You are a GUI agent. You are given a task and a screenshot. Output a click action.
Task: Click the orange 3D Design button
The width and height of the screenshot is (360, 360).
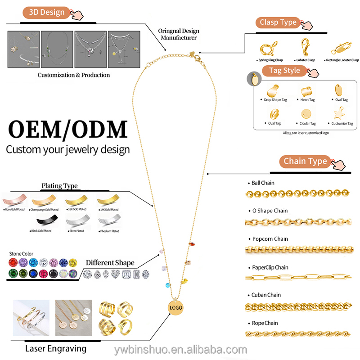[47, 12]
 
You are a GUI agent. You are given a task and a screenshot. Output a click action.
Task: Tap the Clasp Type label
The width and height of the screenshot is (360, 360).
[278, 22]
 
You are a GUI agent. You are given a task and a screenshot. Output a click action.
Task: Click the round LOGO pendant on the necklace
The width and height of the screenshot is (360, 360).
[176, 307]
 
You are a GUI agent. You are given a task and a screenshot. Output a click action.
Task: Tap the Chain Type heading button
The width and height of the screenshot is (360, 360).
[306, 161]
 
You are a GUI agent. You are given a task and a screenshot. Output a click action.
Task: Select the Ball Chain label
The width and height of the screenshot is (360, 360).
[263, 183]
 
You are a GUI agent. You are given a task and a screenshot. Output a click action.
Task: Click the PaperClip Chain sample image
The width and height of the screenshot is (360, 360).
[298, 278]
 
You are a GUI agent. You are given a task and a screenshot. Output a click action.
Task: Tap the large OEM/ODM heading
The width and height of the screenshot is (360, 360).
[67, 129]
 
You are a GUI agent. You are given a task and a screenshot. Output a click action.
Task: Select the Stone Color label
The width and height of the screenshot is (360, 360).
[21, 254]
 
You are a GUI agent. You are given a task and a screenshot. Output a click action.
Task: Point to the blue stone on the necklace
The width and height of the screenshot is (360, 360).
[168, 286]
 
